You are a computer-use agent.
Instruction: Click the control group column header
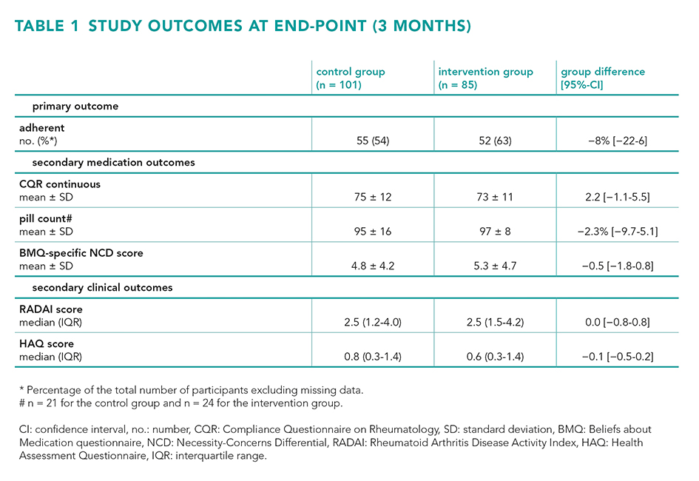tap(351, 78)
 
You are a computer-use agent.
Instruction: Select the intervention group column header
tap(485, 78)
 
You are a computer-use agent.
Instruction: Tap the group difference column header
tap(603, 78)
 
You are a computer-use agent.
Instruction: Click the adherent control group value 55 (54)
tap(373, 141)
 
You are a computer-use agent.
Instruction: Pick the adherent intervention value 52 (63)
tap(495, 141)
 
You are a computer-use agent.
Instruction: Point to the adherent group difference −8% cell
tap(618, 141)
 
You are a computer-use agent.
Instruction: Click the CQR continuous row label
tap(60, 184)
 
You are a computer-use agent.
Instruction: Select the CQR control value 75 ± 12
tap(373, 197)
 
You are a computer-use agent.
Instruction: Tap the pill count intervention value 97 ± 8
tap(495, 232)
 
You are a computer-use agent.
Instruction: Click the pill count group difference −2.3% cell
tap(618, 232)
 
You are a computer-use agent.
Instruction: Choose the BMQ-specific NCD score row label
tap(81, 253)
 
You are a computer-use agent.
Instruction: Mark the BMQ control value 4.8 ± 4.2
tap(373, 266)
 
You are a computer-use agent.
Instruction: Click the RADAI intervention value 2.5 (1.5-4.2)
tap(495, 323)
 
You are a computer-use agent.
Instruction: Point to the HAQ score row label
tap(47, 343)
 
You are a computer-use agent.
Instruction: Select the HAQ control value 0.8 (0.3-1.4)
tap(373, 357)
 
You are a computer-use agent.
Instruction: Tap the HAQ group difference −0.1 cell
tap(618, 357)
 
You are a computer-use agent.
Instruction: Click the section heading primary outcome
tap(75, 107)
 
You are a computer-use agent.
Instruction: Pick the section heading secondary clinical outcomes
tap(102, 288)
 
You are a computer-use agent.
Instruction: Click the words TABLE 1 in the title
tap(47, 26)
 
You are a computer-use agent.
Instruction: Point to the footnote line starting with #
tap(181, 403)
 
